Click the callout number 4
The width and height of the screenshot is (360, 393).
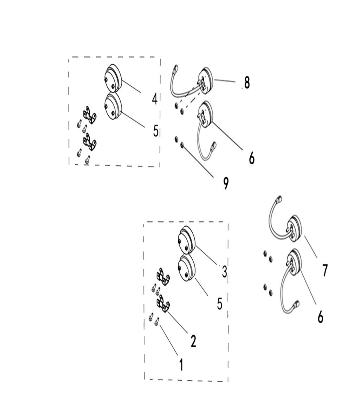tap(155, 99)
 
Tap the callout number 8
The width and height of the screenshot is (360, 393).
tap(247, 83)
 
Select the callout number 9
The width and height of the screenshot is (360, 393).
tap(226, 183)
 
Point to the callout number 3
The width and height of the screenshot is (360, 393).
tap(224, 271)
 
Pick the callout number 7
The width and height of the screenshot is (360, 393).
tap(325, 270)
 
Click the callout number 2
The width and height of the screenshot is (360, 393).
tap(193, 341)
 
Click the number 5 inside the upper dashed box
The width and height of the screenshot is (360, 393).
tap(156, 131)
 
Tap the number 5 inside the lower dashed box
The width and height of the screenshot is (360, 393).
tap(220, 304)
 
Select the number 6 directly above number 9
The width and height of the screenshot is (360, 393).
tap(251, 158)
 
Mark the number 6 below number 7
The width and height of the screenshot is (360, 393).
tap(320, 317)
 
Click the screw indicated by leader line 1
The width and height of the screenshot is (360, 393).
tap(157, 321)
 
